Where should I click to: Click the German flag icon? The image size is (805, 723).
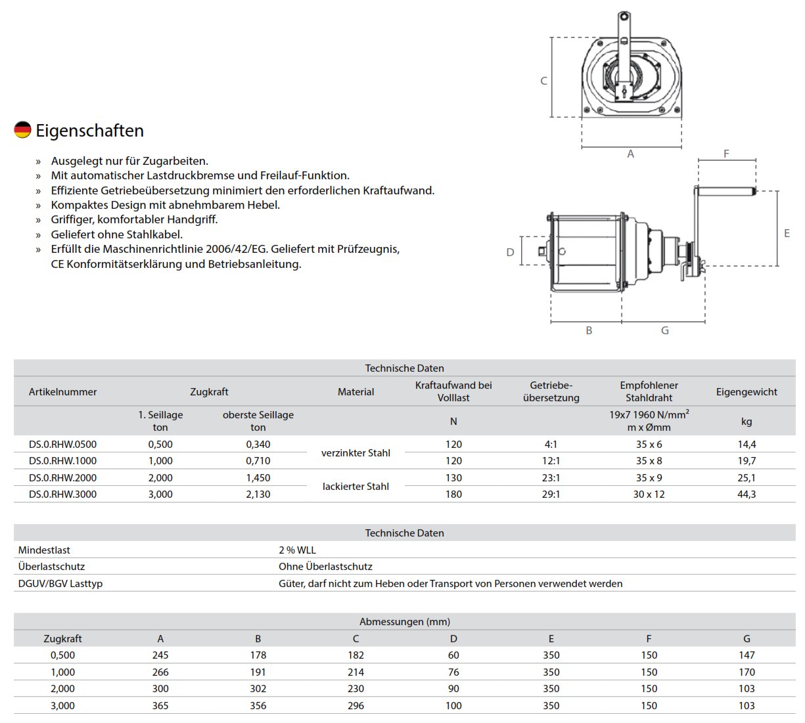coord(22,130)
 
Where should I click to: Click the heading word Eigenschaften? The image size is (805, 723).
coord(90,131)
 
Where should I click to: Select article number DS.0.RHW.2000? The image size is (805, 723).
coord(62,477)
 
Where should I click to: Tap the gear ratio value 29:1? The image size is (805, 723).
coord(551,494)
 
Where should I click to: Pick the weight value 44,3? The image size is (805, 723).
coord(747,494)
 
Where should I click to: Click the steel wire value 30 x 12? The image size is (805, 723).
coord(649,494)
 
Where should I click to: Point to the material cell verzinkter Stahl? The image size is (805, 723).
coord(356,452)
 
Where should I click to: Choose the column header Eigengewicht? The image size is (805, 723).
coord(747,391)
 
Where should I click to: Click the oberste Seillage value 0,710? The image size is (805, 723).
coord(258,461)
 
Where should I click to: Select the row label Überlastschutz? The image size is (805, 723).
coord(51,566)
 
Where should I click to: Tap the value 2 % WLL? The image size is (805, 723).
coord(297,550)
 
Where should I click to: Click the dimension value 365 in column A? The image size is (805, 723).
coord(160,705)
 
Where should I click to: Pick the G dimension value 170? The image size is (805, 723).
coord(747,672)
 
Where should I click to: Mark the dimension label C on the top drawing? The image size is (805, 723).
coord(543,81)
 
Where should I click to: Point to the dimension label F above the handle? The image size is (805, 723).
coord(726,154)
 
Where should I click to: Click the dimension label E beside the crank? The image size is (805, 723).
coord(787,233)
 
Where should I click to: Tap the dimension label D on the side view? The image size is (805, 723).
coord(510,252)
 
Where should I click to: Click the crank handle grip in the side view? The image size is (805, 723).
coord(726,192)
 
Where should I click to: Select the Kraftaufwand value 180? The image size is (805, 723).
coord(453,494)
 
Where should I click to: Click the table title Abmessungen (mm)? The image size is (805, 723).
coord(405,621)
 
